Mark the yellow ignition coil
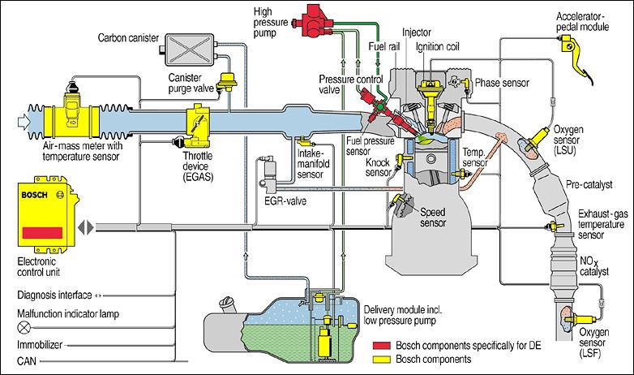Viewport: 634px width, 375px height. [426, 96]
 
